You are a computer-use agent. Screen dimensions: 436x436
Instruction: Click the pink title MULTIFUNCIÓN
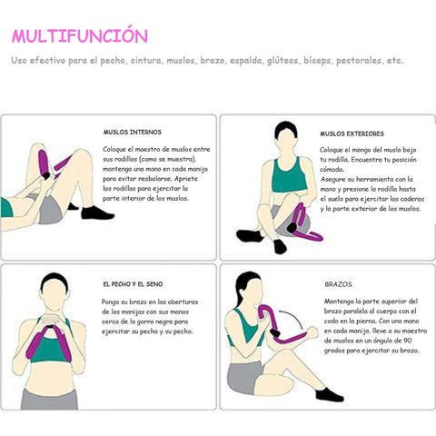click(x=80, y=35)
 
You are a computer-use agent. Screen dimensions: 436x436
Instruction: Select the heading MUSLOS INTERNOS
click(x=133, y=133)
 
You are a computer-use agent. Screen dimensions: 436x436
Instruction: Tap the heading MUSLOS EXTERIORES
click(x=352, y=134)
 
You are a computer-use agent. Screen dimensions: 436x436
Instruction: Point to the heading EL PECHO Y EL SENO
click(x=133, y=284)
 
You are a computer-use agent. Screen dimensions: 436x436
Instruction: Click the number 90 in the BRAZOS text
click(x=407, y=341)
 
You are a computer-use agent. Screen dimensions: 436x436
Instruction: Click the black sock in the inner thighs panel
click(x=97, y=213)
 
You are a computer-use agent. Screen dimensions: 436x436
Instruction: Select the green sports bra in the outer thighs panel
click(x=289, y=175)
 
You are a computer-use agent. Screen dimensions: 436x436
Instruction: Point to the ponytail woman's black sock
click(x=329, y=394)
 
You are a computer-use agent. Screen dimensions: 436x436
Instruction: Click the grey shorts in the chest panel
click(x=49, y=399)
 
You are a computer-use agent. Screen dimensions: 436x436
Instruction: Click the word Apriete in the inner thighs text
click(x=186, y=179)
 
